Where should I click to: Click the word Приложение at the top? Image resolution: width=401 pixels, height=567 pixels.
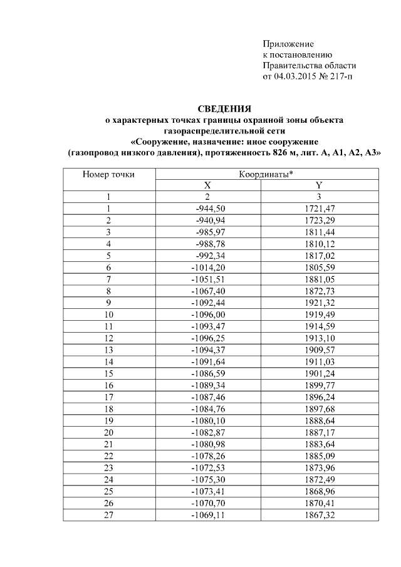[288, 44]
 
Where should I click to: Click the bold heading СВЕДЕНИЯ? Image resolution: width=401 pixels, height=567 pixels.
[224, 109]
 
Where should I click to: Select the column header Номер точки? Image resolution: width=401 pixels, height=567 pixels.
[109, 174]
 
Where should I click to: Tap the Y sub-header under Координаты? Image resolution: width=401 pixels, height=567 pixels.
[318, 185]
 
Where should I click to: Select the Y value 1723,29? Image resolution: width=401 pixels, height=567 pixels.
[318, 220]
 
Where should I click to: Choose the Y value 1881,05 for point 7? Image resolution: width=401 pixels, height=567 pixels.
[318, 279]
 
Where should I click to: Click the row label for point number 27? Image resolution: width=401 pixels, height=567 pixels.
[108, 514]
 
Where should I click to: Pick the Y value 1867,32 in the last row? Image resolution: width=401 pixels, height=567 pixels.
[318, 514]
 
